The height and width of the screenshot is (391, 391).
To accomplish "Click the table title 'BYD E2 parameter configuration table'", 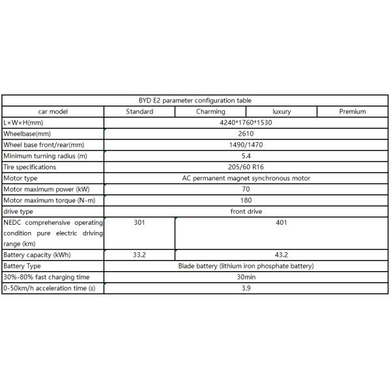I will pos(195,100).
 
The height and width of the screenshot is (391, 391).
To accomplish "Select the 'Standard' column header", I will pos(139,111).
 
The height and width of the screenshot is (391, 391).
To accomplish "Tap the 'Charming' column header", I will pos(210,111).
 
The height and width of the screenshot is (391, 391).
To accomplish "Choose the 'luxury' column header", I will pos(282,111).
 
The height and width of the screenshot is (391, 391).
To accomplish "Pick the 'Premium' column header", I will pos(353,111).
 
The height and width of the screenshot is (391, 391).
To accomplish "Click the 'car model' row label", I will pos(53,111).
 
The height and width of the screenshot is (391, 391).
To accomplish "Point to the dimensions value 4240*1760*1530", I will pos(246,123).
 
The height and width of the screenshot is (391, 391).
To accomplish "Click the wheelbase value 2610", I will pos(246,134).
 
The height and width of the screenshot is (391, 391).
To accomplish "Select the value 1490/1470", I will pos(246,145).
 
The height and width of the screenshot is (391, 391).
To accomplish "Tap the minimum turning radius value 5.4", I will pos(246,156).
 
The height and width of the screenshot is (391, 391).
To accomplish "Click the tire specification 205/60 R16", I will pos(246,167).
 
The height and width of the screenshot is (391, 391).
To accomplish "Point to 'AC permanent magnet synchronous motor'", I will pos(246,178).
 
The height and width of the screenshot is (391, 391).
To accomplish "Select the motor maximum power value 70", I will pos(246,189).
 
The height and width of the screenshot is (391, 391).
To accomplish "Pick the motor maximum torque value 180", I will pos(246,200).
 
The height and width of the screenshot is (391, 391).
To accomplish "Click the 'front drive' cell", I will pos(246,211).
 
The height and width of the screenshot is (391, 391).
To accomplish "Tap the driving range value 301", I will pos(139,222).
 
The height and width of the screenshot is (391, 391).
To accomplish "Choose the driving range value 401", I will pos(282,222).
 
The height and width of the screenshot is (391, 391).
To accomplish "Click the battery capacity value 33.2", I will pos(139,255).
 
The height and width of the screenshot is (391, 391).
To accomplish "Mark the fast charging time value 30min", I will pos(246,277).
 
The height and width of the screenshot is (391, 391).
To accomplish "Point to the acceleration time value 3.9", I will pos(246,288).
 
